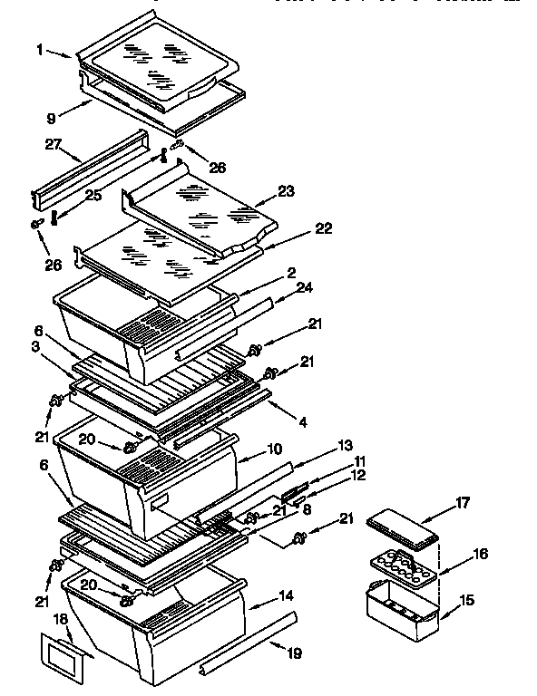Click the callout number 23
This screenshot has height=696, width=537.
coord(287,191)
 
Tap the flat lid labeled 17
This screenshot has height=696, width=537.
coord(401,527)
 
